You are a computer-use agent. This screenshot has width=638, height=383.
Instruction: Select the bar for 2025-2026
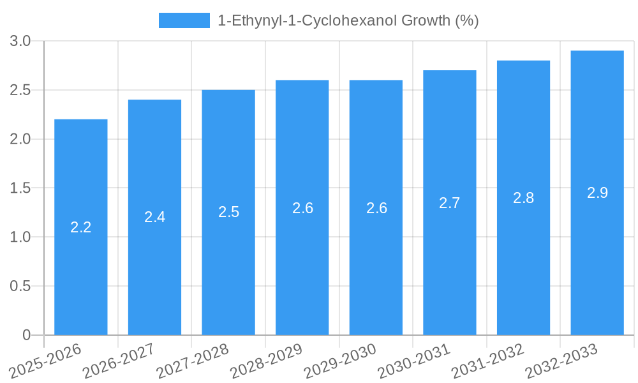point(80,268)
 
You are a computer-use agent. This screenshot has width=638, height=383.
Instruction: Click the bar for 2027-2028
point(228,268)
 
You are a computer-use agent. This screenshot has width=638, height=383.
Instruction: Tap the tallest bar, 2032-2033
point(597,255)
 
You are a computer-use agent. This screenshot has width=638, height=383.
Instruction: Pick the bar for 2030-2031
point(450,268)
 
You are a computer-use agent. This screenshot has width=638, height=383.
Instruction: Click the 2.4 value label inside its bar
point(154,217)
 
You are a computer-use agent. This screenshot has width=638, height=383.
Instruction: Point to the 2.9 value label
point(597,193)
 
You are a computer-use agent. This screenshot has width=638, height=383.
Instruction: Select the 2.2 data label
point(80,227)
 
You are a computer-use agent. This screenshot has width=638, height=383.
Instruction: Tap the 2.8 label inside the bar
point(523,198)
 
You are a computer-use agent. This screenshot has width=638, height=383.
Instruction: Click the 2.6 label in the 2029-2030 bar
point(376,208)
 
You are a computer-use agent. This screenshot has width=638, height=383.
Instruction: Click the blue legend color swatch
point(184,20)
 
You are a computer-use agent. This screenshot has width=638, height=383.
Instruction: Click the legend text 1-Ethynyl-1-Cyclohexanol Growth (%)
point(348,20)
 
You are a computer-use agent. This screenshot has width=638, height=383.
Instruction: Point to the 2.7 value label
point(450,203)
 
